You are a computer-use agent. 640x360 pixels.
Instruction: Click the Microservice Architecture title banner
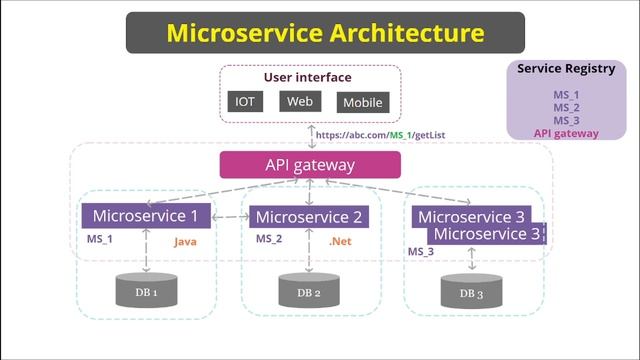325,32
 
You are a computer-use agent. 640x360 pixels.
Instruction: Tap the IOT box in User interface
244,101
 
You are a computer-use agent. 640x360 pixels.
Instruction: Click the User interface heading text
307,77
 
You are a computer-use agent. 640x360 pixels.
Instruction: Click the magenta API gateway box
310,164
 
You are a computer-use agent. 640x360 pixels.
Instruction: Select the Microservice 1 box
145,215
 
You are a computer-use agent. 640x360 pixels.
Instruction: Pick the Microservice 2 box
308,216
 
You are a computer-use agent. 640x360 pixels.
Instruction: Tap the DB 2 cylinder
309,290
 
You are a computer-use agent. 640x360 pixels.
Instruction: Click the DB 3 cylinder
471,292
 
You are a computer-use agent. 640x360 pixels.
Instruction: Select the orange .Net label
341,241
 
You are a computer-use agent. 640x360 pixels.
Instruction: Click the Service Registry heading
566,69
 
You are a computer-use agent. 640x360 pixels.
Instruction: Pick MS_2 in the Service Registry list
566,107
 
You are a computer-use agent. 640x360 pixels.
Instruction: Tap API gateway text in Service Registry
566,132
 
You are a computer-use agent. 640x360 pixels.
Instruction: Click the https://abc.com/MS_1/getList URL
379,135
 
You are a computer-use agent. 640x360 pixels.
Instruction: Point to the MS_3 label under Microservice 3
420,252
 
